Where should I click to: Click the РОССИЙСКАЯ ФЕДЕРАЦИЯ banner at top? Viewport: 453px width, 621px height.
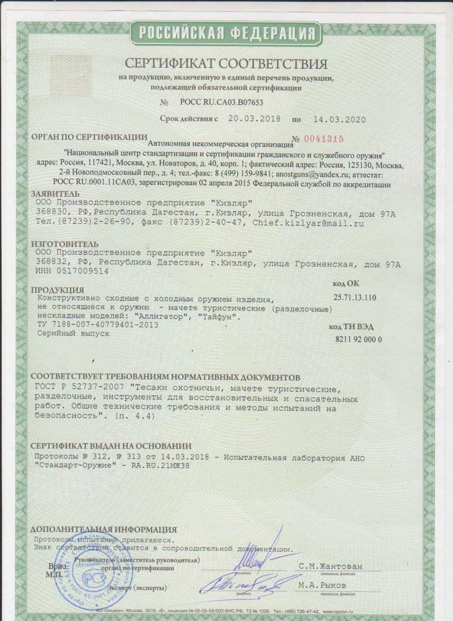click(x=227, y=33)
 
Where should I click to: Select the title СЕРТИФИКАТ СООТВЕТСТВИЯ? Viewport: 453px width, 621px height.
click(x=226, y=64)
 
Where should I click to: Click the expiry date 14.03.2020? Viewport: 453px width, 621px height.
click(x=339, y=119)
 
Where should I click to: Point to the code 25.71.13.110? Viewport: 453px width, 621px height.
click(x=356, y=298)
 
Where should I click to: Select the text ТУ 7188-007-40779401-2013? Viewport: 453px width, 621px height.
click(x=98, y=325)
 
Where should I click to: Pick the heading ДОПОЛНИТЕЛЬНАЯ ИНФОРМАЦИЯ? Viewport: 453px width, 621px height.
click(x=104, y=529)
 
